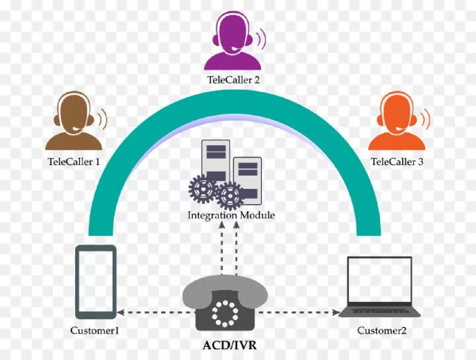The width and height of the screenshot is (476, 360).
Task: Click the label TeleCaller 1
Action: click(x=74, y=161)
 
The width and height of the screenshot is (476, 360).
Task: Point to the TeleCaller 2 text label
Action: click(x=233, y=80)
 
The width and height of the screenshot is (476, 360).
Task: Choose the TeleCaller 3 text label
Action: click(x=397, y=161)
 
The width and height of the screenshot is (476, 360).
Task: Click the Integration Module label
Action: click(x=231, y=215)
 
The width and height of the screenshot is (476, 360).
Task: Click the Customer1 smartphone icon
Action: click(x=95, y=282)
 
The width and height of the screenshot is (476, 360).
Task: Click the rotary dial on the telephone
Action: click(x=225, y=313)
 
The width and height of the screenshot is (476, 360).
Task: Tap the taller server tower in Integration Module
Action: click(x=215, y=159)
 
